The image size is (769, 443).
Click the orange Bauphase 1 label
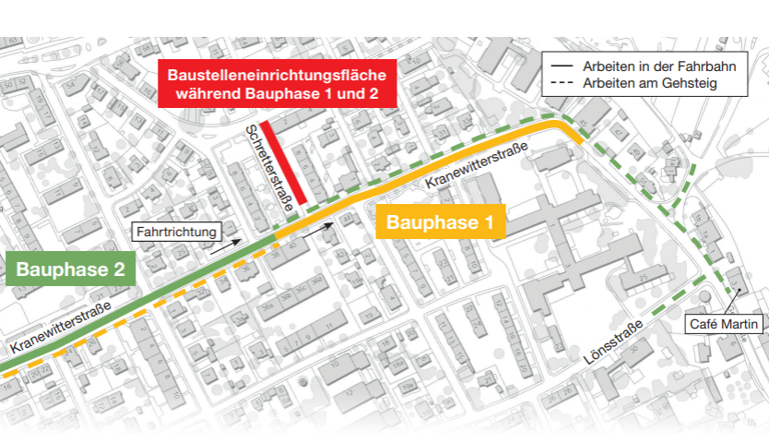point(446,222)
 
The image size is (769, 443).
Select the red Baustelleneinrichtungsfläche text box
point(277,84)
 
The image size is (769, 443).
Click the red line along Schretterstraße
point(278,166)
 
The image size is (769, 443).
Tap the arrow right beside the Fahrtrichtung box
point(224,245)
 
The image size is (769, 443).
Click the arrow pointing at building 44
point(317,227)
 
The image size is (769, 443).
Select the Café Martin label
point(724,324)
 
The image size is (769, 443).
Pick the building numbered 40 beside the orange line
point(292,245)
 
